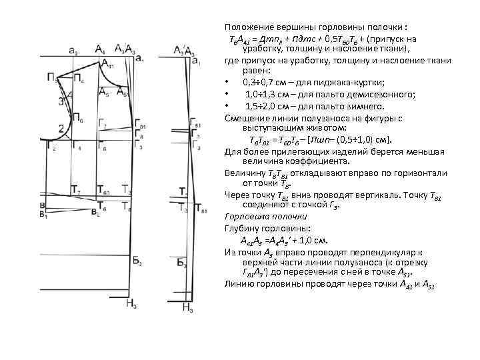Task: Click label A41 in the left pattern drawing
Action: pos(110,64)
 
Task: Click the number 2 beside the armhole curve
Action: pos(61,128)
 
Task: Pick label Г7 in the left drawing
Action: pos(102,123)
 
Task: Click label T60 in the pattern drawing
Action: pos(103,190)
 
